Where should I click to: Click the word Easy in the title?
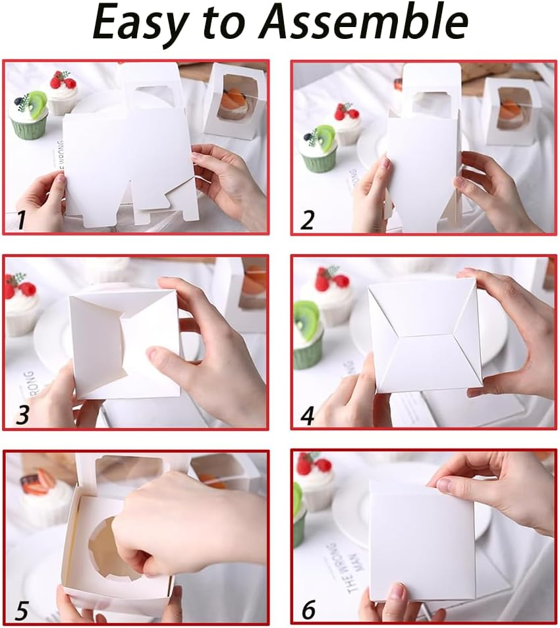pos(139,24)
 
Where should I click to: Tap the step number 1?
pos(21,219)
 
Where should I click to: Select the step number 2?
pos(307,220)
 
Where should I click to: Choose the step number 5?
pos(22,610)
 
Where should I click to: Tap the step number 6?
pos(308,610)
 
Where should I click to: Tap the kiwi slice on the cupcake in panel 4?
pos(306,315)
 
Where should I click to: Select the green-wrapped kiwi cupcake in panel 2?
pos(318,148)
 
